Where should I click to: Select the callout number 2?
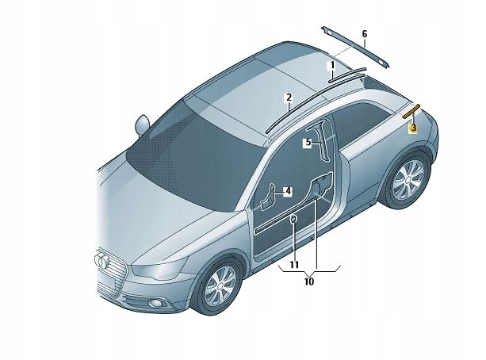pyautogui.click(x=289, y=98)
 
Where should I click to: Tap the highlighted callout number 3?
pyautogui.click(x=413, y=127)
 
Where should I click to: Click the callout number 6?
pyautogui.click(x=365, y=34)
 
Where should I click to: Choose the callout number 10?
pyautogui.click(x=309, y=281)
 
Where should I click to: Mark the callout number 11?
pyautogui.click(x=293, y=264)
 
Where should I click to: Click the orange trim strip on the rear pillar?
pyautogui.click(x=412, y=110)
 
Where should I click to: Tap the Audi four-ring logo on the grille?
pyautogui.click(x=105, y=261)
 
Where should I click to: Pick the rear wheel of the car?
pyautogui.click(x=409, y=181)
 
